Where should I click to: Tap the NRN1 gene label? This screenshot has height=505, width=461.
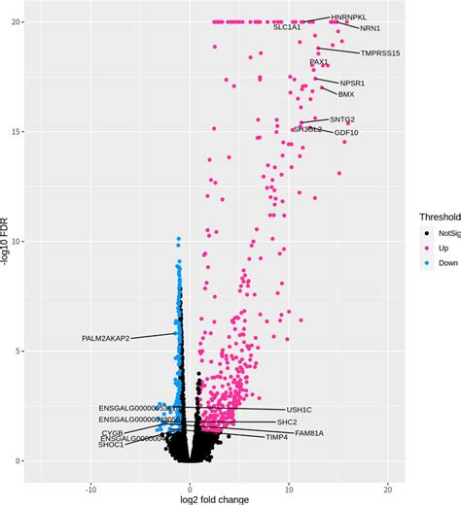(x=371, y=29)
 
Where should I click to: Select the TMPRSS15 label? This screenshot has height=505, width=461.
(x=380, y=53)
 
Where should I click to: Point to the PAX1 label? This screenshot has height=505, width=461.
(x=319, y=62)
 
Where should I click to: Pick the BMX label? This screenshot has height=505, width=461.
(x=346, y=95)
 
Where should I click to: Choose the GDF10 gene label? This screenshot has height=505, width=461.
(x=346, y=132)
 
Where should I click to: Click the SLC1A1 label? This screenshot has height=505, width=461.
(x=294, y=27)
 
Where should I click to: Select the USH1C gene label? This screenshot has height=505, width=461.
(x=300, y=411)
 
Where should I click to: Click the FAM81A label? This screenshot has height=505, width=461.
(x=309, y=432)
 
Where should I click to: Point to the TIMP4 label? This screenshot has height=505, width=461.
(x=277, y=438)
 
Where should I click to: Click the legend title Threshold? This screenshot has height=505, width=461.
(x=440, y=217)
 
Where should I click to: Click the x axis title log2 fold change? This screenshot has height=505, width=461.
(x=216, y=499)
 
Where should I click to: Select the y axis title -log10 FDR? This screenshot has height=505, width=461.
(x=9, y=248)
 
